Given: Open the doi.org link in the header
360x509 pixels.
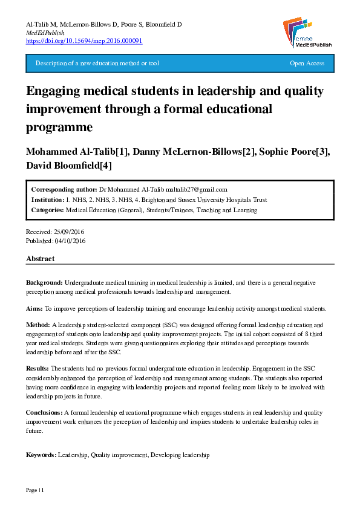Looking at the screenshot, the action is coord(84,41).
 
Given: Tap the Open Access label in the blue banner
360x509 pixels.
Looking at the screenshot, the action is coord(307,63).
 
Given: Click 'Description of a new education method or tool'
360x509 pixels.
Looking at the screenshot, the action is coord(97,63).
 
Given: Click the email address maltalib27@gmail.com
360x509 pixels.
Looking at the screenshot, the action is coord(192,189).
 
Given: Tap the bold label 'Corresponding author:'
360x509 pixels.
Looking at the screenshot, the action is coord(64,189).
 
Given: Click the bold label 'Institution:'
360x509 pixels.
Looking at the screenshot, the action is coord(48,199).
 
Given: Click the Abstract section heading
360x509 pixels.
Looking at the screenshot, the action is coord(40,259).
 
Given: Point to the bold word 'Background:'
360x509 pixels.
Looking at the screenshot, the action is coord(44,283).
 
